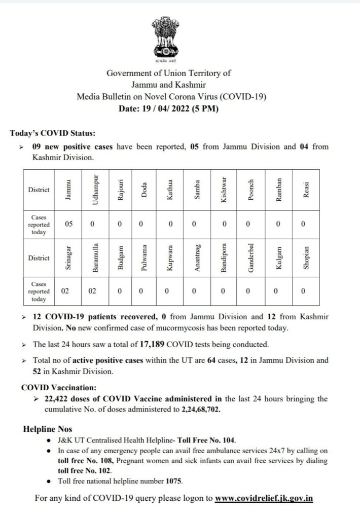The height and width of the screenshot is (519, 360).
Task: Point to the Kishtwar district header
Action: pyautogui.click(x=224, y=189)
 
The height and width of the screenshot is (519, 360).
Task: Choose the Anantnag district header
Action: pyautogui.click(x=197, y=258)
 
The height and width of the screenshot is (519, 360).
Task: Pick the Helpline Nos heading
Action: pyautogui.click(x=47, y=429)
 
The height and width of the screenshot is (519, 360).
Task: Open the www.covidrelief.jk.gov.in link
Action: pyautogui.click(x=264, y=499)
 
